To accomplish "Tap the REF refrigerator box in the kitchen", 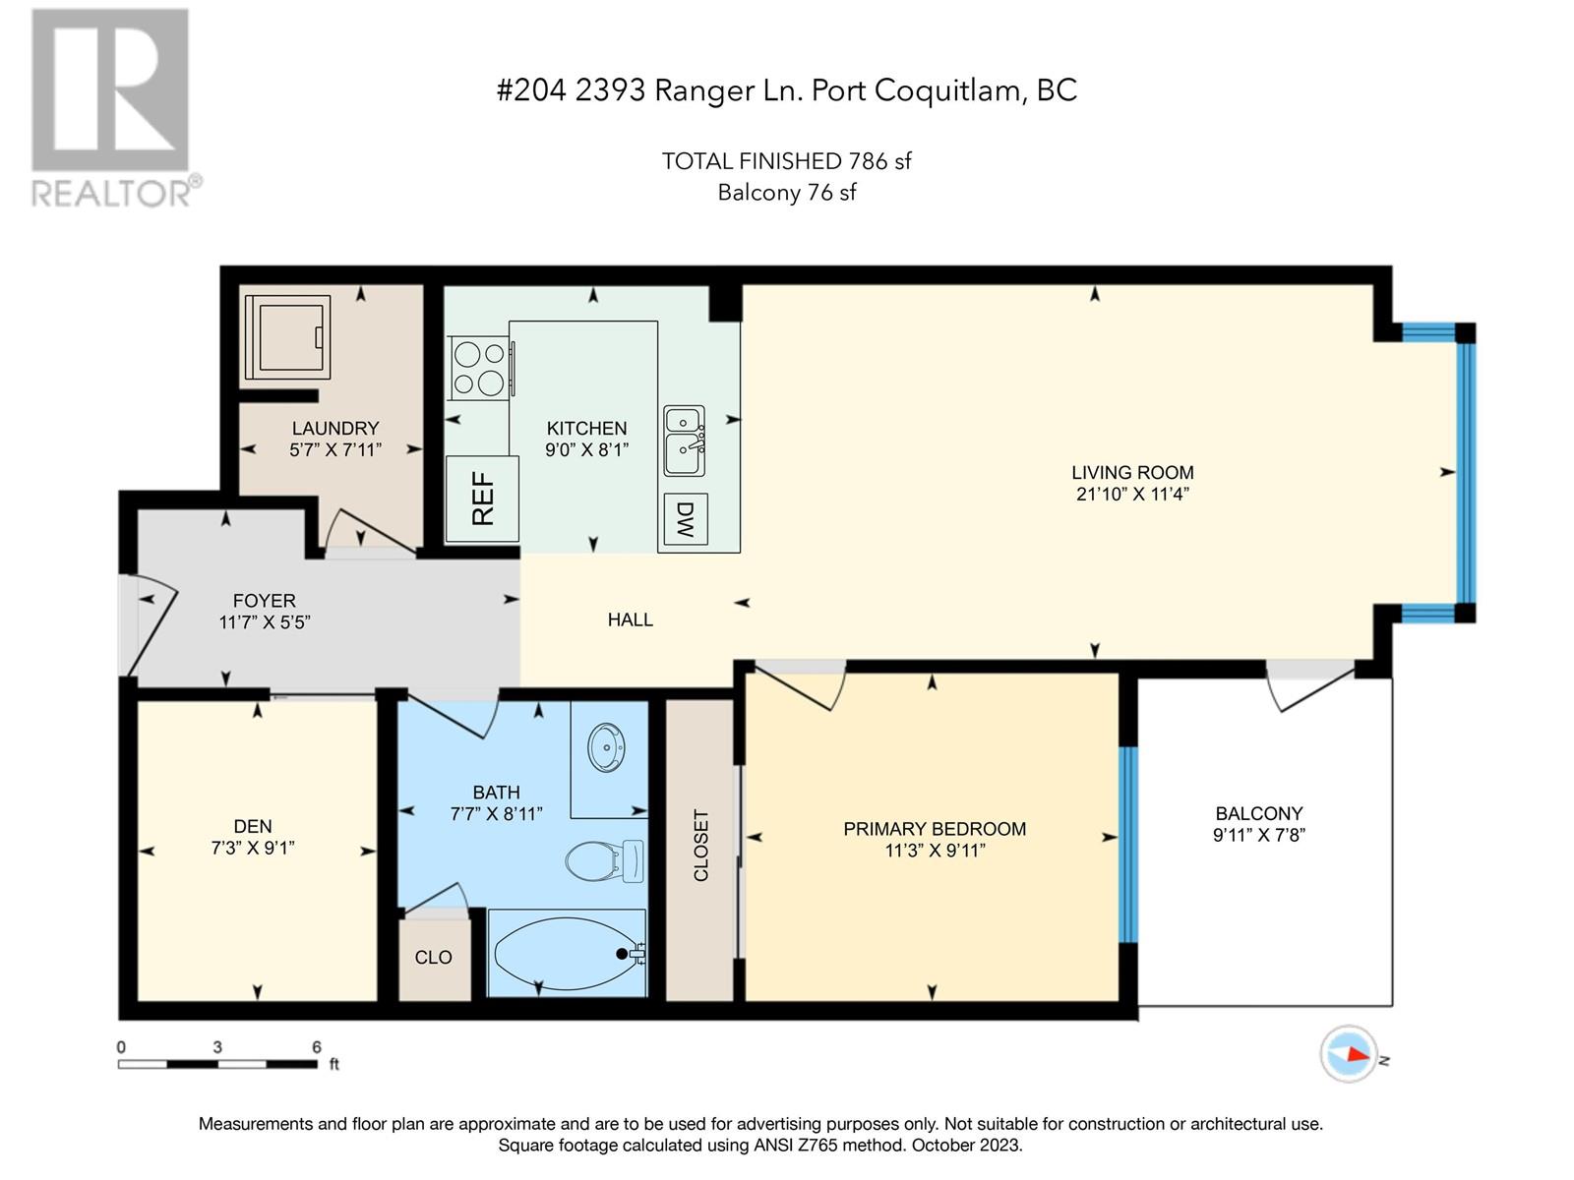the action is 482,499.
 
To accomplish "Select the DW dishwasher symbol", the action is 686,519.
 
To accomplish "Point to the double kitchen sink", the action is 684,440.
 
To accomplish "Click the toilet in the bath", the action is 604,860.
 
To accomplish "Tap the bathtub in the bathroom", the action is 568,954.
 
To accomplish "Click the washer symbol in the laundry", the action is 287,336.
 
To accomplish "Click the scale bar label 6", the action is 316,1046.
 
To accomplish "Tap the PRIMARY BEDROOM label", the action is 935,829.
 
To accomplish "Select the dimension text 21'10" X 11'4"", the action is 1132,494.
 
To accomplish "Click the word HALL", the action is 631,619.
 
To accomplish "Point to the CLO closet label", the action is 433,957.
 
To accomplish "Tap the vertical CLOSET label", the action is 700,846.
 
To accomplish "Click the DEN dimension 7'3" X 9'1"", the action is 253,848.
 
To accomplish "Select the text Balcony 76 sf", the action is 787,193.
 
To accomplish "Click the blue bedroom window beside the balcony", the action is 1128,845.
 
